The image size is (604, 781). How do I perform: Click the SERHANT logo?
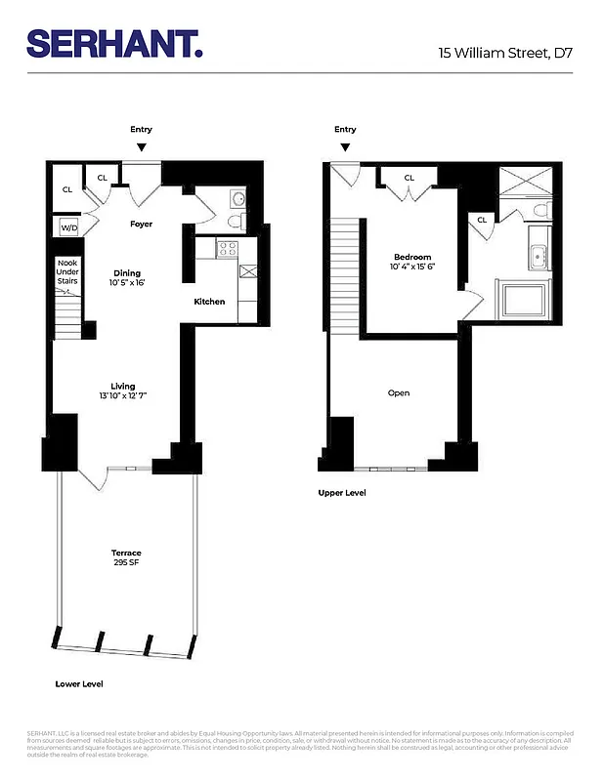click(x=114, y=43)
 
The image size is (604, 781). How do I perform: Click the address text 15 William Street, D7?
click(x=504, y=53)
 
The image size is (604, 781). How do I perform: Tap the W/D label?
click(x=68, y=227)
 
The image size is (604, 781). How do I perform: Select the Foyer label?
click(x=142, y=224)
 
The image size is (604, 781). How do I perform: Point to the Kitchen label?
click(x=209, y=302)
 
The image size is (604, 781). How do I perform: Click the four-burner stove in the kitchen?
click(x=227, y=249)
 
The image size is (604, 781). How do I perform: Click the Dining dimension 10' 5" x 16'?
click(x=127, y=283)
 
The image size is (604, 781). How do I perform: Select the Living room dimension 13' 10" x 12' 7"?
click(x=123, y=396)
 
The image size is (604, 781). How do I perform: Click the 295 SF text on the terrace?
click(x=126, y=563)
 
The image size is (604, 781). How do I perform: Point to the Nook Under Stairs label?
click(x=66, y=272)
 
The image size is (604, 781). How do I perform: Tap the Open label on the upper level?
click(x=399, y=393)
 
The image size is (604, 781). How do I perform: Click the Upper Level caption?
click(x=342, y=493)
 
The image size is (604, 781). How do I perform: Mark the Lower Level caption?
click(x=79, y=684)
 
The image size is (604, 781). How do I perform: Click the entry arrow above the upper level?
click(x=345, y=147)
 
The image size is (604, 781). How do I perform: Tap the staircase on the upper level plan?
click(x=345, y=273)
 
